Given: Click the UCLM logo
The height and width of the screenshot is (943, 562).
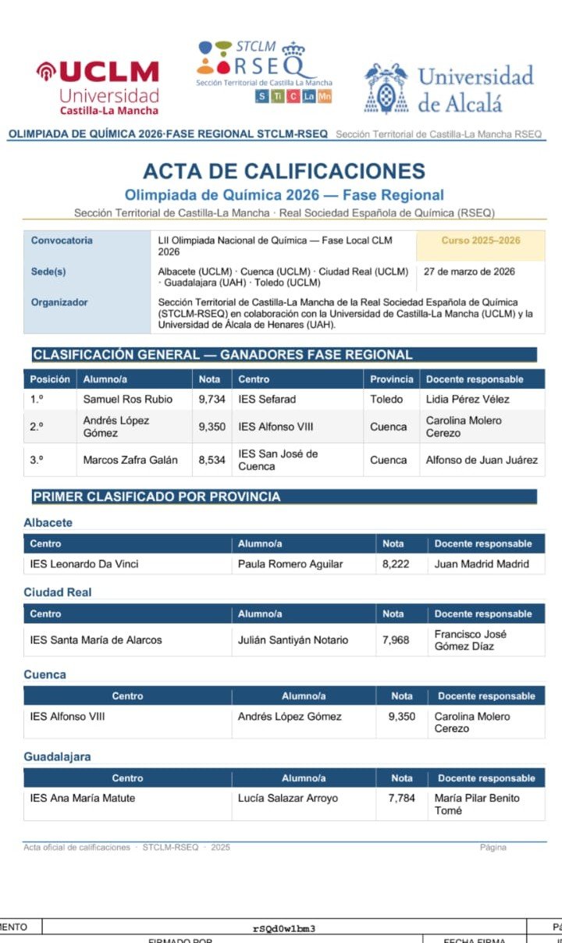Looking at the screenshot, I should tap(98, 86).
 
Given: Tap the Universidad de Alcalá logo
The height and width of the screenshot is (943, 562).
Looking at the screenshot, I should tap(449, 87).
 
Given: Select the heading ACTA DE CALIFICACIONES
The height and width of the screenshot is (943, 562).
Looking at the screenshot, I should tap(284, 172).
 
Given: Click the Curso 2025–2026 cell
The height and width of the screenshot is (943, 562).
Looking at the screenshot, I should tap(481, 240).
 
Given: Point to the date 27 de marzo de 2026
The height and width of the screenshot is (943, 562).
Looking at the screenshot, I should tap(469, 272).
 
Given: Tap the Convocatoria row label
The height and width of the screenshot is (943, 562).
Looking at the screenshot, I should tap(62, 240).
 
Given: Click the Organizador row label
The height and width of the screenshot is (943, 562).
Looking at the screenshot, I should tap(59, 302).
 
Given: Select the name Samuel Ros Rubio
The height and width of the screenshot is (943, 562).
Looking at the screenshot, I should tap(128, 399).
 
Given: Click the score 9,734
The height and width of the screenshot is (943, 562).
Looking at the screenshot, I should tap(212, 399).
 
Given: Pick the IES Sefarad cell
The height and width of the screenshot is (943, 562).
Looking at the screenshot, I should tap(267, 399).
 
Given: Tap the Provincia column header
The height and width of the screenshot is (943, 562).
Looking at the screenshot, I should tap(392, 379).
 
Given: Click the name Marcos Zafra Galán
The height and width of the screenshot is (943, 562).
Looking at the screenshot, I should tap(130, 460).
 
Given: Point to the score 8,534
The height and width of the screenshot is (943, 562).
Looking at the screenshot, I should tap(212, 460).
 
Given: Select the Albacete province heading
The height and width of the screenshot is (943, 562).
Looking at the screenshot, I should tap(48, 522).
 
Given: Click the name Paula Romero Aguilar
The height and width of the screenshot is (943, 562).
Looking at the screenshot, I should tap(290, 564).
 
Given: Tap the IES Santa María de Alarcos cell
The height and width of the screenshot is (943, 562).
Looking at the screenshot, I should tap(96, 640).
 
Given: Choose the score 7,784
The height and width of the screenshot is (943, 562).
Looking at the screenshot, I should tap(401, 798).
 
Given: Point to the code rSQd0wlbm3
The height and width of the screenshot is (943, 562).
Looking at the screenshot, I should tap(284, 928).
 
